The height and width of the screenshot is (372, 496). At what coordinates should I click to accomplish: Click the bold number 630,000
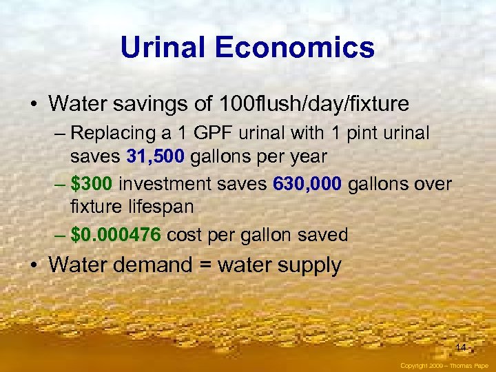(x=316, y=184)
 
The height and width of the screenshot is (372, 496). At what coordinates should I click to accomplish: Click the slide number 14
(x=460, y=347)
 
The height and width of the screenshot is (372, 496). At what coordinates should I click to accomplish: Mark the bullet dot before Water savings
(x=33, y=105)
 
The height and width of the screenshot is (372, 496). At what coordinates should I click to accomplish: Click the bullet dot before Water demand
(x=33, y=265)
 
